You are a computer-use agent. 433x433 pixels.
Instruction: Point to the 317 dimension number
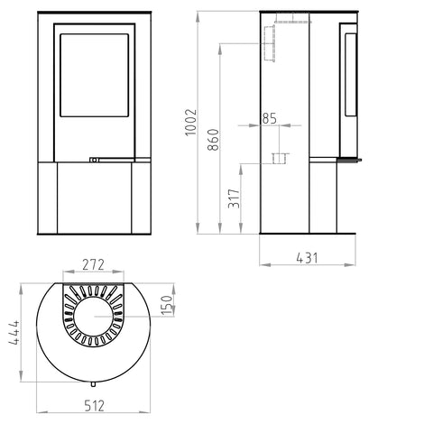pos(235,199)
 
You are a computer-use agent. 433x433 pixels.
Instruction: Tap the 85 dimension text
pos(269,118)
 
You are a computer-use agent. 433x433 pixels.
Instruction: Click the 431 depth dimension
pos(309,258)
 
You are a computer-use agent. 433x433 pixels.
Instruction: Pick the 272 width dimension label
pos(93,264)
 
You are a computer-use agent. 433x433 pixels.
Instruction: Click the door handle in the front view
pos(94,160)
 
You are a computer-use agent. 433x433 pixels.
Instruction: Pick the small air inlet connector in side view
pos(276,159)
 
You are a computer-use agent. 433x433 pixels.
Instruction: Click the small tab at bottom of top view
pos(94,383)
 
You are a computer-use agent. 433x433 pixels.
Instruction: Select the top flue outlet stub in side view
pos(284,17)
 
